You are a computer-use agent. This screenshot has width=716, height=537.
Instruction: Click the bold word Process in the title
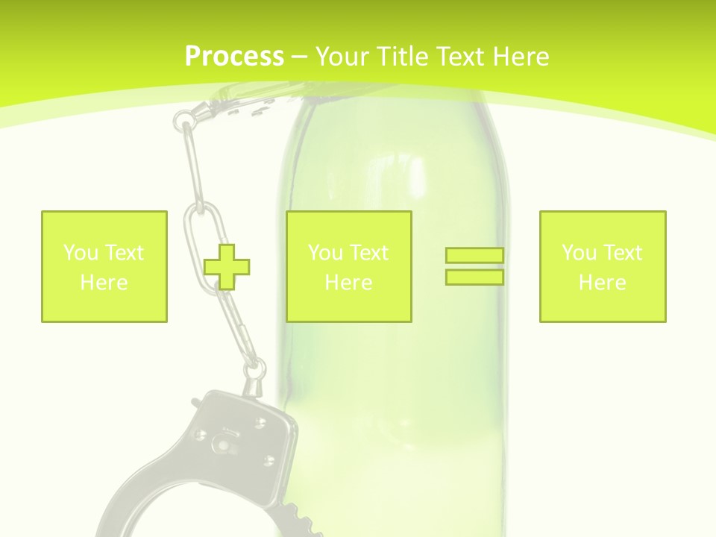(234, 57)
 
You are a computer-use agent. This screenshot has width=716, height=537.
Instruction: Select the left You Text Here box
(104, 266)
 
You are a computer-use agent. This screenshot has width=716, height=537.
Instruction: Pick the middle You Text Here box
(348, 266)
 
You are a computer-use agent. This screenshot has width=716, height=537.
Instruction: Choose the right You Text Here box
(603, 266)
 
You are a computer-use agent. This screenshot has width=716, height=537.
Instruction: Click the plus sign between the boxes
(227, 266)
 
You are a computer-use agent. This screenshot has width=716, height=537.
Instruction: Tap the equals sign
(474, 266)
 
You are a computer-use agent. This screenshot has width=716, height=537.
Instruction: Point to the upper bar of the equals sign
(474, 256)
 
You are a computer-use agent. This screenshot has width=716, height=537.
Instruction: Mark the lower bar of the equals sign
(474, 277)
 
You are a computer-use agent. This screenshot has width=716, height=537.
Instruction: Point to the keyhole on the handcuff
(222, 445)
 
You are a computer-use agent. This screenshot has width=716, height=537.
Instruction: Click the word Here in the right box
(603, 283)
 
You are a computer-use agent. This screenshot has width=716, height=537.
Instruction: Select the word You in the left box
(79, 253)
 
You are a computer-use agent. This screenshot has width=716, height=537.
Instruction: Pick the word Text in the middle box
(369, 253)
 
